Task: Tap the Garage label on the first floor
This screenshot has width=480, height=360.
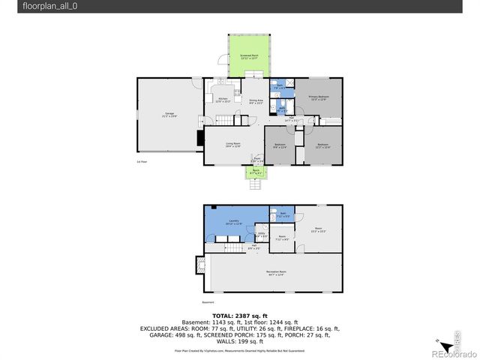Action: pos(169,115)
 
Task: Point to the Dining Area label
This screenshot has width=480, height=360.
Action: pos(256,101)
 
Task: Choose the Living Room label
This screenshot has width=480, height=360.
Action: pos(232,144)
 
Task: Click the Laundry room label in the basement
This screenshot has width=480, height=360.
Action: pos(234,222)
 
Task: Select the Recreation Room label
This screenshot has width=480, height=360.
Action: pos(276,272)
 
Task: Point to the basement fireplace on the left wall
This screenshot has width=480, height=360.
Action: pos(200,266)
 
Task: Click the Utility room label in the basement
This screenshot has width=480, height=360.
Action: pos(261,235)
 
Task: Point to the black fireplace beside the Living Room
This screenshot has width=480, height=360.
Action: pos(199,138)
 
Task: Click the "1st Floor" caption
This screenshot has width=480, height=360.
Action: pos(141,162)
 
